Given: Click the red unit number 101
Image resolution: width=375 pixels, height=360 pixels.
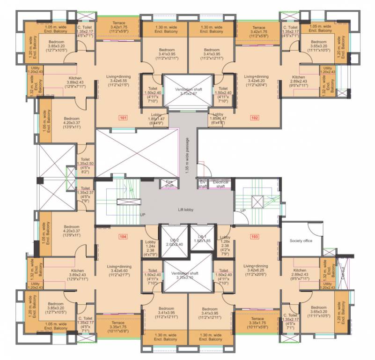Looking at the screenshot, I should pyautogui.click(x=122, y=118).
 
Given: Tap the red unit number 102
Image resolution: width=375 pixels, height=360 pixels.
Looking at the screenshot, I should pyautogui.click(x=254, y=118).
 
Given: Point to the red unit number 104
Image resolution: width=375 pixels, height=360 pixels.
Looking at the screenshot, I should pyautogui.click(x=123, y=236).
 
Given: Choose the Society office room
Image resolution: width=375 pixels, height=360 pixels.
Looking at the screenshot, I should pyautogui.click(x=301, y=241).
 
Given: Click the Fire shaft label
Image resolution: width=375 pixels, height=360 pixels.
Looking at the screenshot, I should pyautogui.click(x=169, y=183).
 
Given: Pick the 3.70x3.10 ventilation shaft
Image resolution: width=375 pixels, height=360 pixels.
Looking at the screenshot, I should pyautogui.click(x=186, y=274).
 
